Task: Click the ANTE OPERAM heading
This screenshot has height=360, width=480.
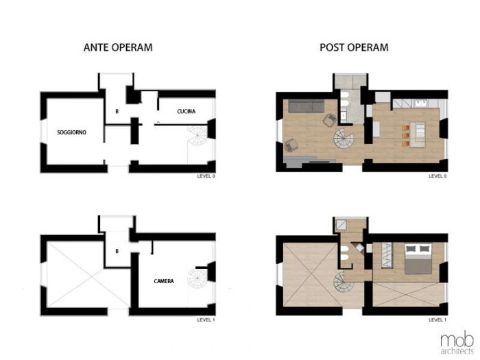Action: point(117,48)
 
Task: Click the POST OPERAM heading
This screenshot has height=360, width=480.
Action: point(354,48)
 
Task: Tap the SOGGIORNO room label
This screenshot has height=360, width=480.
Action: point(71,132)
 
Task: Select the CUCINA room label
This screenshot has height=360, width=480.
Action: point(187,111)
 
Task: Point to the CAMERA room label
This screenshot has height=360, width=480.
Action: point(164,280)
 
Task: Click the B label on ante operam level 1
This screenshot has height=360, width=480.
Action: point(117,252)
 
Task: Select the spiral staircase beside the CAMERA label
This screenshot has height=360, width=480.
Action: point(199,277)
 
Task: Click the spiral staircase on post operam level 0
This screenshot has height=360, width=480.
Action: point(342,143)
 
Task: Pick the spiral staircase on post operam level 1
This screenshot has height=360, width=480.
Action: point(344,281)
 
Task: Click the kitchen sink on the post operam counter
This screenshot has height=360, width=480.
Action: point(420,104)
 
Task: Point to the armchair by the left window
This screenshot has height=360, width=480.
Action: point(291,145)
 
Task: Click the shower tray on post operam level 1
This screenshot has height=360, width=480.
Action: point(343,225)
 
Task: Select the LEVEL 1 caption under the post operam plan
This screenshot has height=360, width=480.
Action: point(437,320)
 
